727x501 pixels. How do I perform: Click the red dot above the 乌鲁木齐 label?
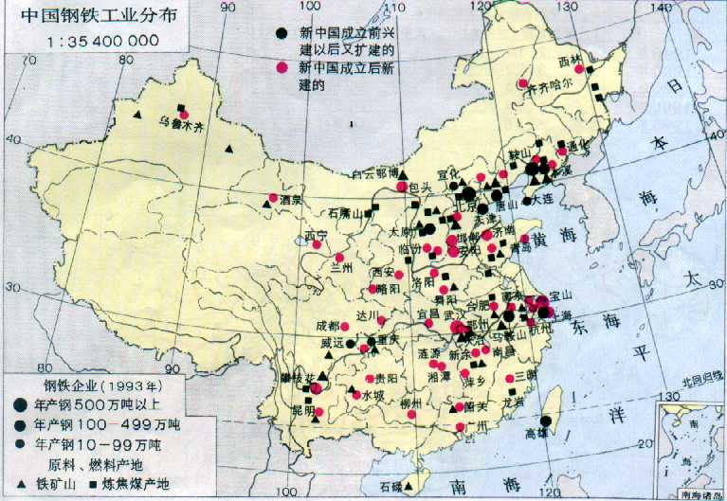[x=183, y=109]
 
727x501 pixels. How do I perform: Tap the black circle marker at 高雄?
[x=546, y=422]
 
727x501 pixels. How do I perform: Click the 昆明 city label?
[x=302, y=411]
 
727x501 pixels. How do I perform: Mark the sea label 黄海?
[x=552, y=242]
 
